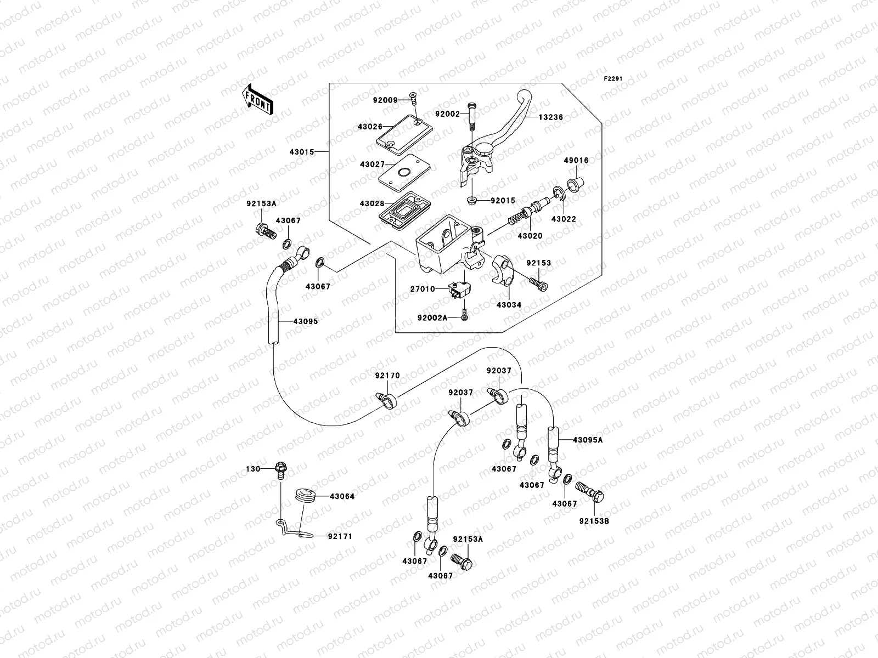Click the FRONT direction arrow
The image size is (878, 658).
257,99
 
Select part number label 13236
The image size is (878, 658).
550,117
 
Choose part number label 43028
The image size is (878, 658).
372,203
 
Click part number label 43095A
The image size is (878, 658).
587,440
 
